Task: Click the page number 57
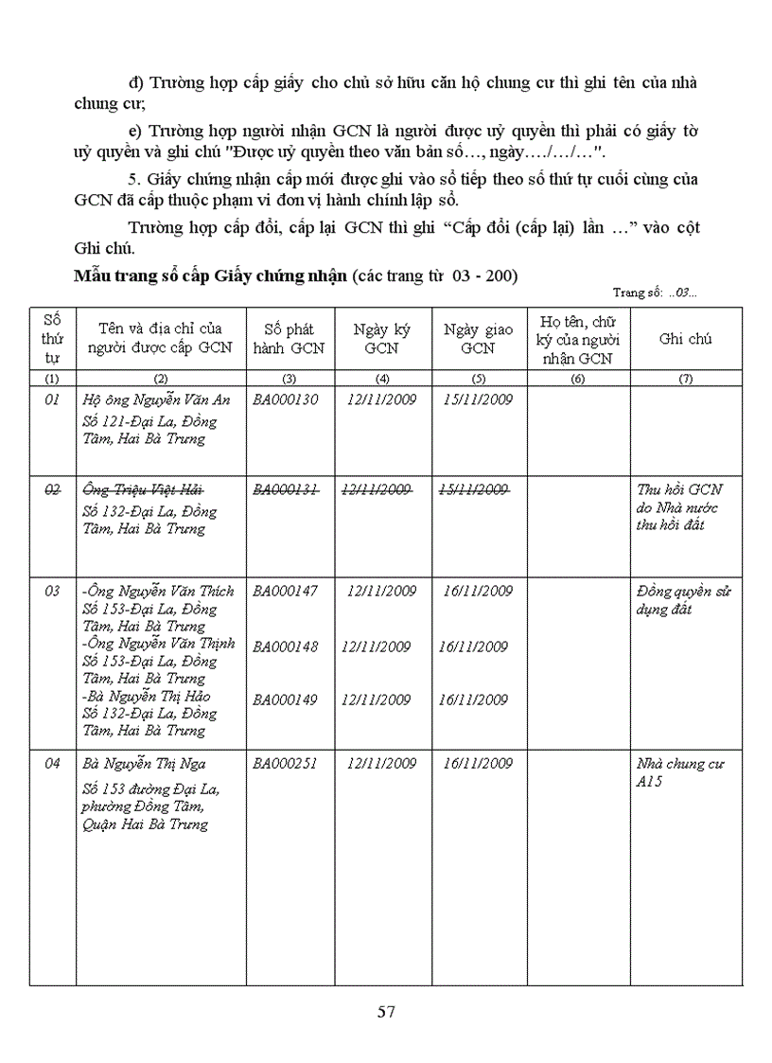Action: (386, 1012)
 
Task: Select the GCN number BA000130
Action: (286, 399)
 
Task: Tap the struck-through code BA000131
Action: (286, 488)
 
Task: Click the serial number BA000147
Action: (286, 592)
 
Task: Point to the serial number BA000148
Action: (286, 647)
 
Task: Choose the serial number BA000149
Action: (286, 700)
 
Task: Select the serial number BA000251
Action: (286, 764)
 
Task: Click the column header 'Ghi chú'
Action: (686, 339)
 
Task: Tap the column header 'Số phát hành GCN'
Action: (289, 339)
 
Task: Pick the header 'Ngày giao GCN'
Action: (479, 339)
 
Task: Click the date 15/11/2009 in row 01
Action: (478, 399)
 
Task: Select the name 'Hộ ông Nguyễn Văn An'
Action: (157, 399)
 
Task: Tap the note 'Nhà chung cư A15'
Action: (679, 772)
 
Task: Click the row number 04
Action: (53, 764)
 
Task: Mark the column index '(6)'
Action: (578, 379)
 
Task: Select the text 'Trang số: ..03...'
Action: (655, 293)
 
